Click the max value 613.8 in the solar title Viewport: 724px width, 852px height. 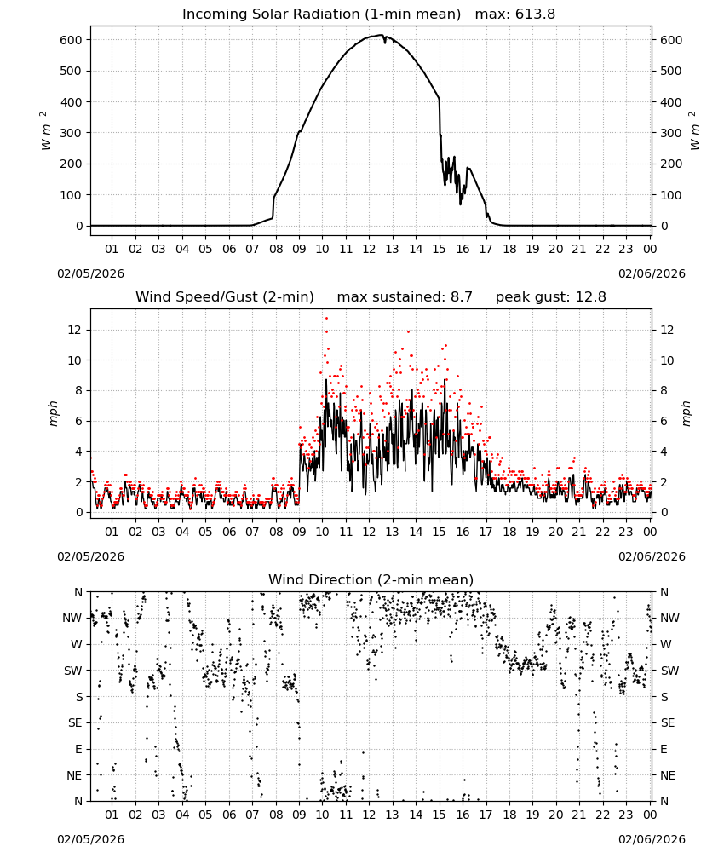[535, 14]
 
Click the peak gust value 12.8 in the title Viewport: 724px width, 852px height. [590, 297]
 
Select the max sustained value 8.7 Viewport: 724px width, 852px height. [461, 297]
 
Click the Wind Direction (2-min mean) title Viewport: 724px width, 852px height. [371, 579]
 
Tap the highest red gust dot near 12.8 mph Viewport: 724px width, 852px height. [326, 319]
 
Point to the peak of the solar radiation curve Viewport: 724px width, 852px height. [382, 35]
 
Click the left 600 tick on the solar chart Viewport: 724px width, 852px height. [72, 40]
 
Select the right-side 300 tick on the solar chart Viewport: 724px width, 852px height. [671, 133]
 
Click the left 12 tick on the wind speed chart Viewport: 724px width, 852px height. [75, 330]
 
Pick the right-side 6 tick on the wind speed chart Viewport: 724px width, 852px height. [664, 421]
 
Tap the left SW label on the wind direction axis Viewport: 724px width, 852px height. [72, 671]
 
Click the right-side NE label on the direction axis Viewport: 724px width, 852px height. [668, 775]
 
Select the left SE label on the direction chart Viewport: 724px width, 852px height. [75, 722]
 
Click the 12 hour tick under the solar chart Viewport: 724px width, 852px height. [369, 249]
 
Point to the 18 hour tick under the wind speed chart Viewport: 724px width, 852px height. [509, 532]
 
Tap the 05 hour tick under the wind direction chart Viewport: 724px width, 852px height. [205, 815]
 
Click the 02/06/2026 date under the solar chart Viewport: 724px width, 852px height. [652, 273]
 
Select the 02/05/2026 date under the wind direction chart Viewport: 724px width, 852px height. [90, 839]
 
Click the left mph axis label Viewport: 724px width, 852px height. [53, 413]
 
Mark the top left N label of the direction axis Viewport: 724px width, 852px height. [78, 592]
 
